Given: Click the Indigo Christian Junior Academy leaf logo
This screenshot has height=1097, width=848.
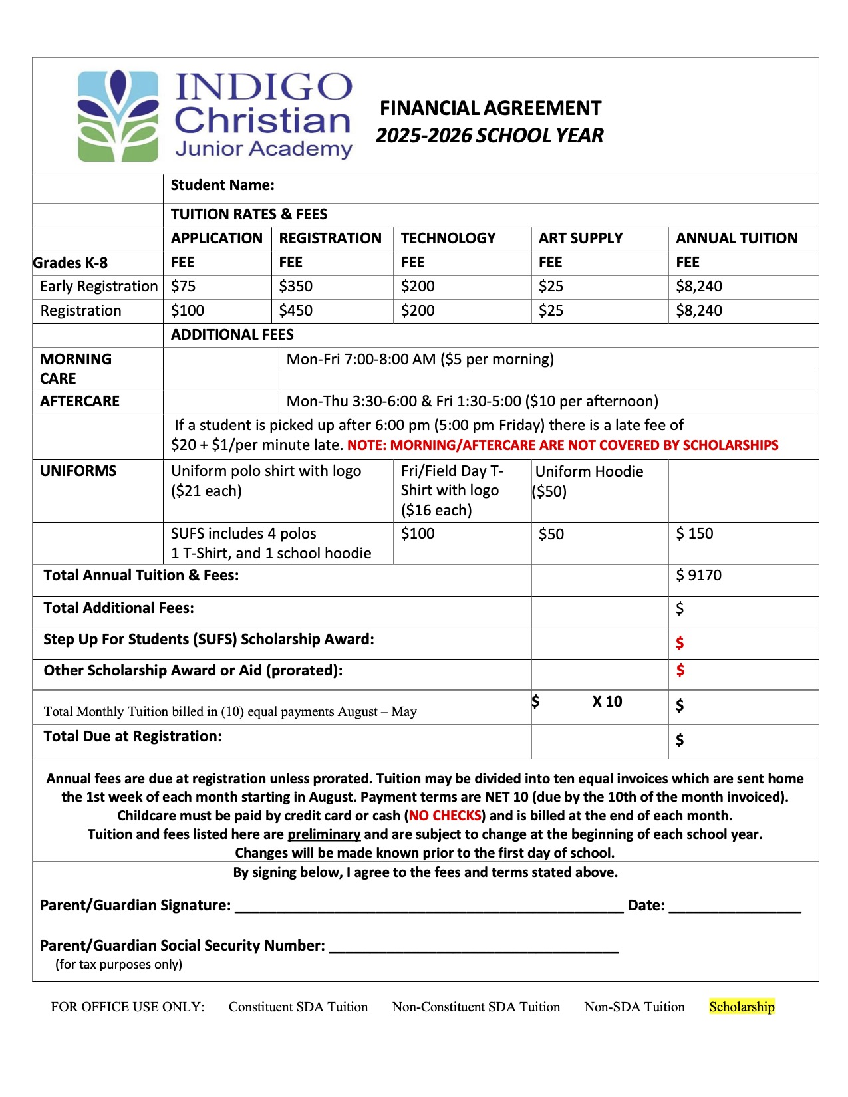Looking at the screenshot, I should point(118,116).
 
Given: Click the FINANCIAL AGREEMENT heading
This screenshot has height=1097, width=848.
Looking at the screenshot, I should point(490,108).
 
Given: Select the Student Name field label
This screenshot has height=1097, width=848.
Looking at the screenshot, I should point(222,185).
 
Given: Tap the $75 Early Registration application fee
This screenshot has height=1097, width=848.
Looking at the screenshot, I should point(183,287).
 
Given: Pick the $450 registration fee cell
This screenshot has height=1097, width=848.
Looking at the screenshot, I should point(295,311).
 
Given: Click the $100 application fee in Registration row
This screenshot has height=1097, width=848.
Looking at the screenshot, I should point(187,311).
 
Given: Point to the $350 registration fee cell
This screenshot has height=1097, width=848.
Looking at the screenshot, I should point(295,287).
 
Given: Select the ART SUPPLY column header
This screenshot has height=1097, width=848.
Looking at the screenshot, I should point(580,239).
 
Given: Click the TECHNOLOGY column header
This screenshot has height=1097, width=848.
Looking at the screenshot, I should point(448,239).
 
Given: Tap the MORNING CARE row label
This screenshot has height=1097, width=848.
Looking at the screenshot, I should point(76,369).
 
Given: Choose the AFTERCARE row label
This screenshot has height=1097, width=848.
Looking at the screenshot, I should point(80,402).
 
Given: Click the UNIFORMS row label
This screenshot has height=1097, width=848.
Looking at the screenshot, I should point(78,471).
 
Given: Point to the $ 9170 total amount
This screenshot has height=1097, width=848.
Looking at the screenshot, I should point(698,576).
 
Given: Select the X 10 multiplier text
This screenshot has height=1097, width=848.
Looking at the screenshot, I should point(607,702).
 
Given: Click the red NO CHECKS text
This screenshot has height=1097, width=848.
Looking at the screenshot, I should point(445,816).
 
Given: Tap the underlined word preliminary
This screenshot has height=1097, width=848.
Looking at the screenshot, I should point(324,834).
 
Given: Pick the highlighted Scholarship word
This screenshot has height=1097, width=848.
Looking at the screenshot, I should point(742,1007).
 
